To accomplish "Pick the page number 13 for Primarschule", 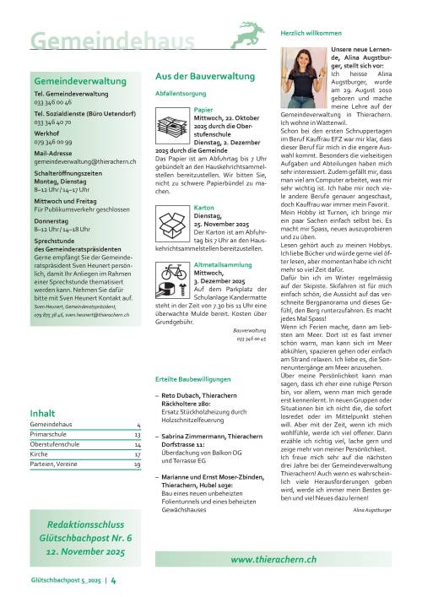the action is point(136,434).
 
